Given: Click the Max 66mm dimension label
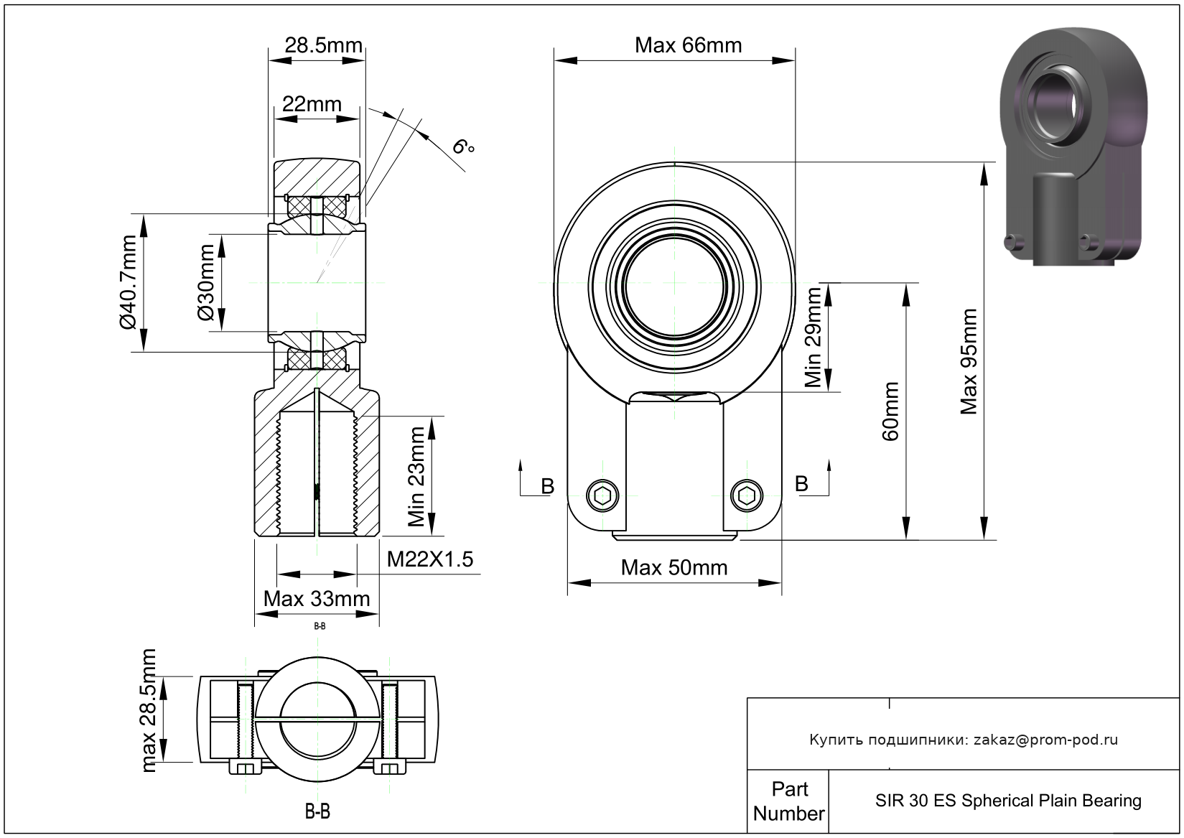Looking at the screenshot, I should (x=688, y=46).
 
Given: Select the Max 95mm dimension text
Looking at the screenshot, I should (x=969, y=362).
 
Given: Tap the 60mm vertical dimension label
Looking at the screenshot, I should (x=890, y=411).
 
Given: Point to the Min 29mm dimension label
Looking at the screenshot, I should (x=813, y=337).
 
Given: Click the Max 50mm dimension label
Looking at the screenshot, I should (x=674, y=568).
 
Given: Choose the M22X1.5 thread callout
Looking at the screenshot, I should (x=430, y=559).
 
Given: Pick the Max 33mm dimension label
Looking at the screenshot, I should (x=317, y=598).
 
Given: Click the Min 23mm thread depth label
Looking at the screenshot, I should (x=416, y=477).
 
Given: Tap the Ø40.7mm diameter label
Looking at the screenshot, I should (x=128, y=282).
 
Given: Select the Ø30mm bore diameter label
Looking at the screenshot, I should (x=206, y=282).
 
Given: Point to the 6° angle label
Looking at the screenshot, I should (x=463, y=147).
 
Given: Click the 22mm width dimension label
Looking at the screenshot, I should (x=312, y=104).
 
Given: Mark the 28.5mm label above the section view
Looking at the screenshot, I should (x=323, y=45).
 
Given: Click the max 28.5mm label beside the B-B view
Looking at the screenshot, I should (x=149, y=711).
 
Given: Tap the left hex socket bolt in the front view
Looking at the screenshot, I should (x=603, y=495).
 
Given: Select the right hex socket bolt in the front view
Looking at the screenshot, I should (x=747, y=495).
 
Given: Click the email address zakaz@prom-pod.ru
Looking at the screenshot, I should (x=1045, y=740).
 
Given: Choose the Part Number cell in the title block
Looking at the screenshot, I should (x=789, y=801).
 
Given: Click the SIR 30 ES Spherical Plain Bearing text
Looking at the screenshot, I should (x=1008, y=801).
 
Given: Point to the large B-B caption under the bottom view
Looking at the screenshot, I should (x=317, y=812).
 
